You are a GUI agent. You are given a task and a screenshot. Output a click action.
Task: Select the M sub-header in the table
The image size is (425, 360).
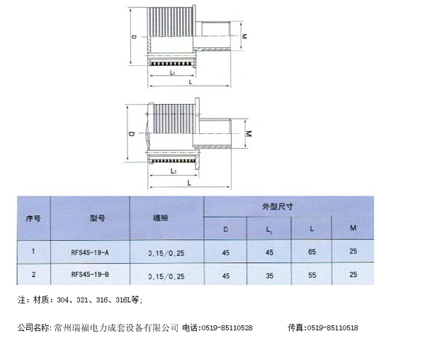[353, 228]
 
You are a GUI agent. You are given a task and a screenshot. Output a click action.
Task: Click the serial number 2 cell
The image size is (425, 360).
[33, 274]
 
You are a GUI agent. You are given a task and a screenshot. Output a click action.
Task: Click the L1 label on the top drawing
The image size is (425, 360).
[172, 74]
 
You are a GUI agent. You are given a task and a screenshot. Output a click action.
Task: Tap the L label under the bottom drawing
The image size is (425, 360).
[189, 183]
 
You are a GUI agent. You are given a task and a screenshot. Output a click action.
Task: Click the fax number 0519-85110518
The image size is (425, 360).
[331, 328]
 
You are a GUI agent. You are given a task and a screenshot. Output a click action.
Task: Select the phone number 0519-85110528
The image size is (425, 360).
[227, 328]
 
